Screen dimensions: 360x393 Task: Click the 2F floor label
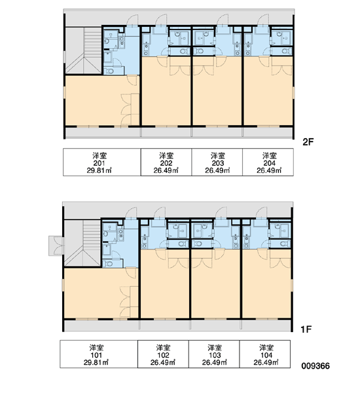[308, 142]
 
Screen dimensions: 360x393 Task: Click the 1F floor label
[306, 329]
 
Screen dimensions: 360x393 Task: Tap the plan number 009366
[315, 366]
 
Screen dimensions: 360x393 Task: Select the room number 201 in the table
[99, 163]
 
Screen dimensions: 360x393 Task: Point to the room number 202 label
[166, 163]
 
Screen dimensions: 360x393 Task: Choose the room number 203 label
[218, 163]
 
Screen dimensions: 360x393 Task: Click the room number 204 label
[269, 163]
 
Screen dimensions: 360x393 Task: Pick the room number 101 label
[96, 355]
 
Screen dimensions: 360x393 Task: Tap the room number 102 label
[164, 355]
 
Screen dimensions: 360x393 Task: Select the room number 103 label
[215, 355]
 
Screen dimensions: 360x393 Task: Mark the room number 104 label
[266, 355]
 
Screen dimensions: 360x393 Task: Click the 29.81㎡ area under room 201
[99, 171]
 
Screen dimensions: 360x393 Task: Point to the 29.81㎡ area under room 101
[96, 362]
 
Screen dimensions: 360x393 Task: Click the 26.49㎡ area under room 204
[269, 171]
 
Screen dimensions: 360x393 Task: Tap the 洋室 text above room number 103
[215, 348]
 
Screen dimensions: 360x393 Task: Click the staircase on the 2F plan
[84, 50]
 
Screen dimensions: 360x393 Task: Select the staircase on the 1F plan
[82, 243]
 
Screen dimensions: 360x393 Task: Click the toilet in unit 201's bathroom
[109, 71]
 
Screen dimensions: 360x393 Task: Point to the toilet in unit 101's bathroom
[108, 264]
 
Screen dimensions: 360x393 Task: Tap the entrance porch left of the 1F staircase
[56, 246]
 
